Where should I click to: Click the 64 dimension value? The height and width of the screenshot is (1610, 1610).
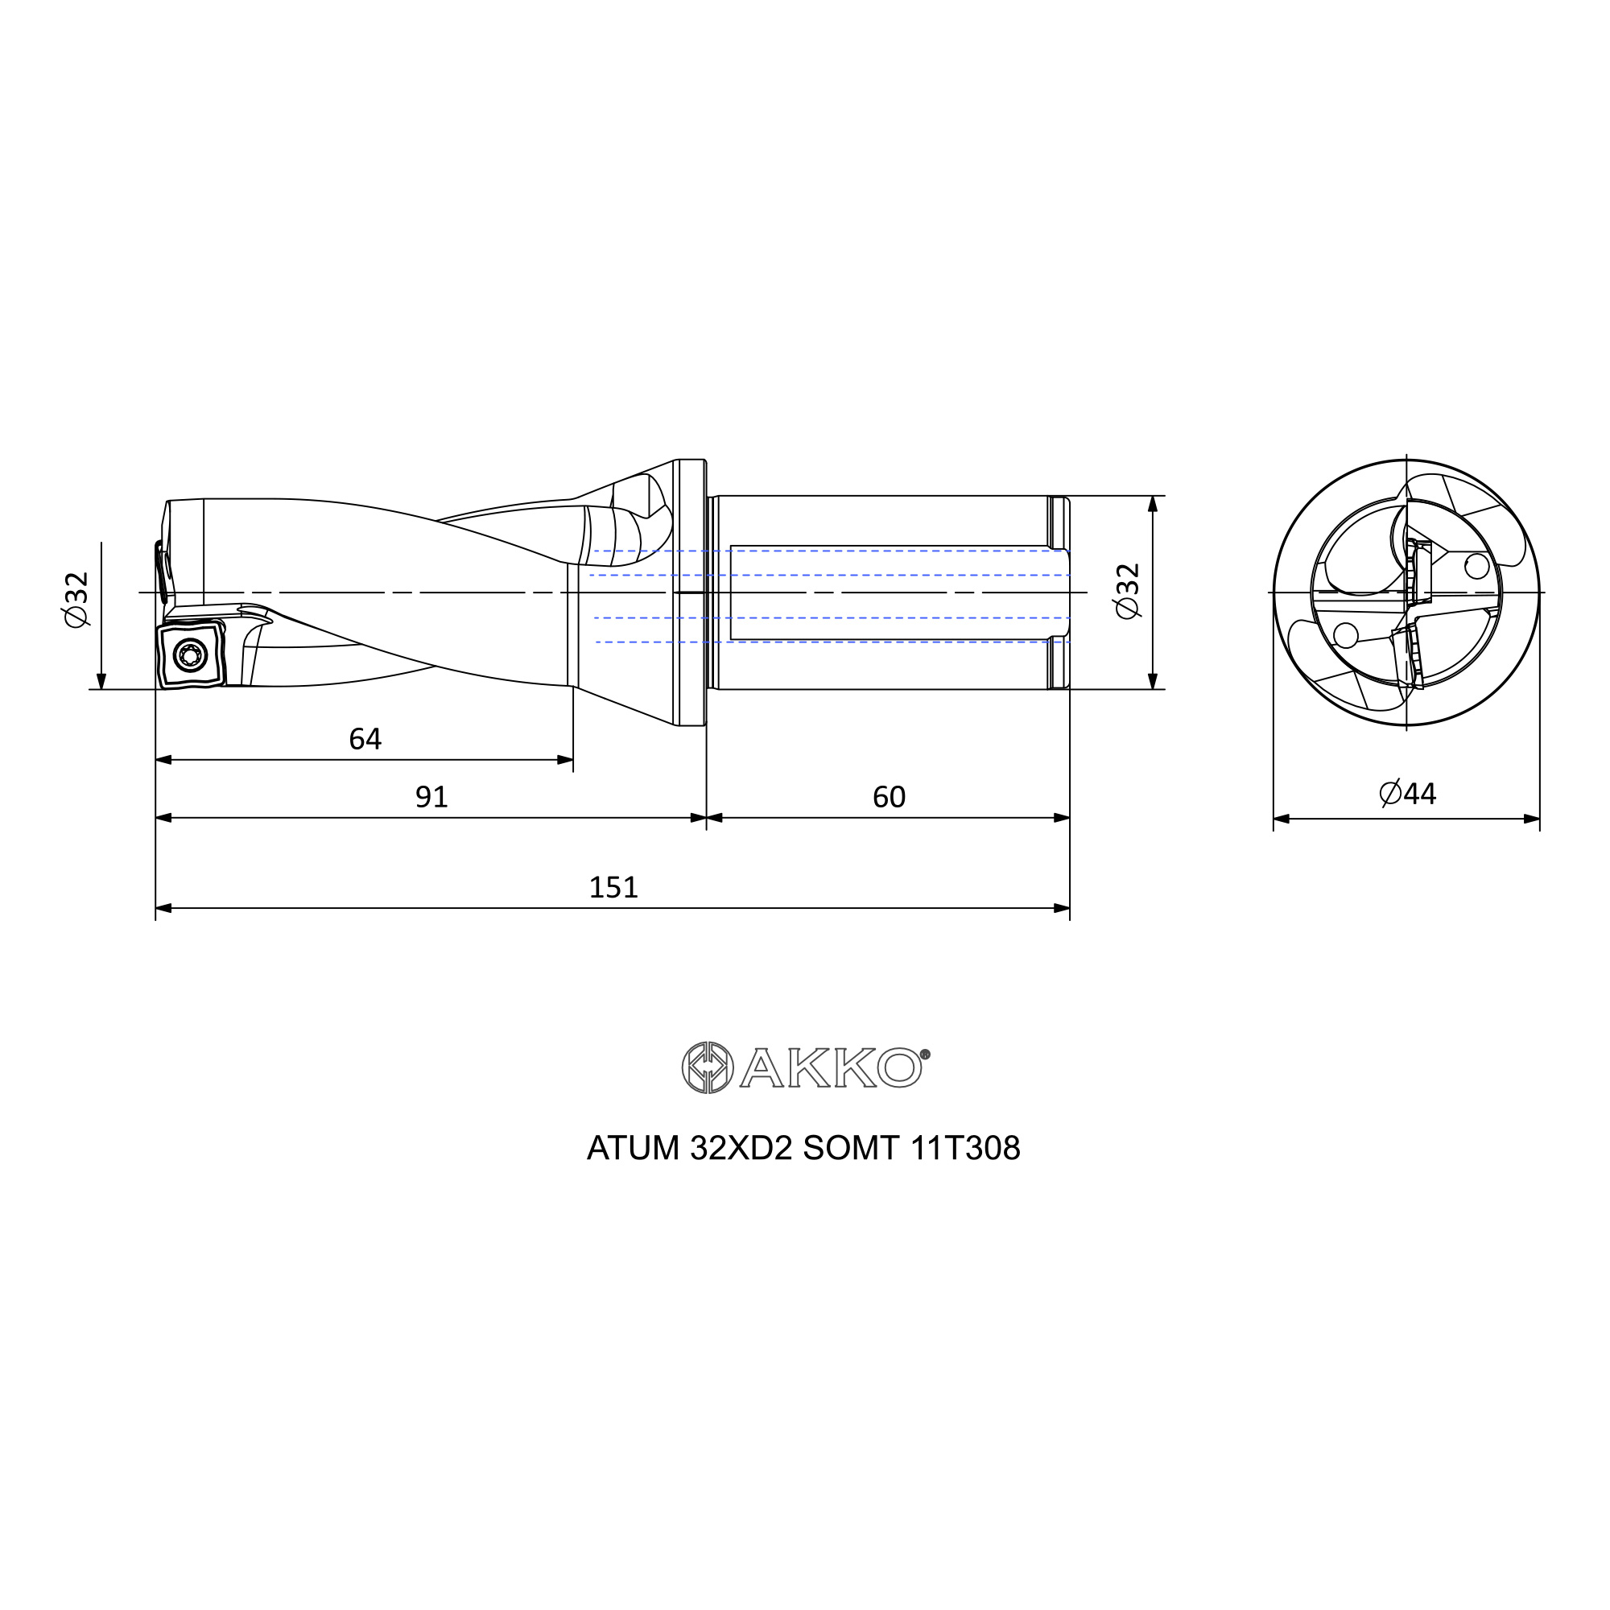(365, 739)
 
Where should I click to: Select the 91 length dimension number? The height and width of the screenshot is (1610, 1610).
(431, 798)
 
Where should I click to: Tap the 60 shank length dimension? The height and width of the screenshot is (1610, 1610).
(889, 798)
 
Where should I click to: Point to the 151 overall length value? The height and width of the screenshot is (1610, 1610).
(613, 887)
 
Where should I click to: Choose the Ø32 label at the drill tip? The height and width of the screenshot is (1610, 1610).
(76, 600)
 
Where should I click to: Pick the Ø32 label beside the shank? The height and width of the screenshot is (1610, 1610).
(1128, 592)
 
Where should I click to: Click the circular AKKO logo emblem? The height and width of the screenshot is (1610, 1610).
(708, 1067)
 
